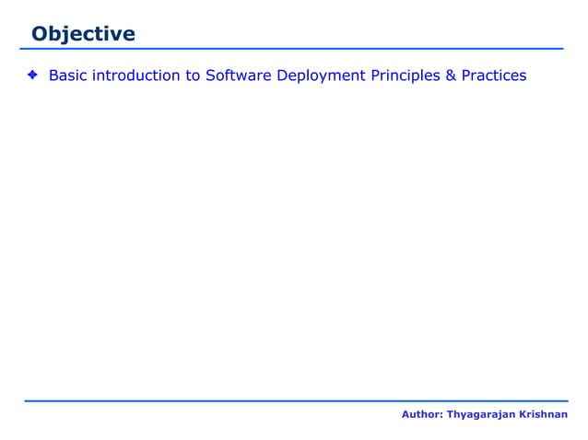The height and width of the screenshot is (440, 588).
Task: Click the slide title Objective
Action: click(83, 34)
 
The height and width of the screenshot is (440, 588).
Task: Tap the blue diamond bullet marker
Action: click(31, 75)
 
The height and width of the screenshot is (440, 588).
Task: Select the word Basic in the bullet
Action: click(67, 75)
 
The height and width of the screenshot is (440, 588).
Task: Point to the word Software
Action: click(238, 75)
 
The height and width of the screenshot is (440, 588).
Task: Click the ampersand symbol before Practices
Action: click(452, 75)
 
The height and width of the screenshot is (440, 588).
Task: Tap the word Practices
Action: click(494, 75)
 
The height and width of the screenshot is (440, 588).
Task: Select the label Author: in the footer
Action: click(422, 415)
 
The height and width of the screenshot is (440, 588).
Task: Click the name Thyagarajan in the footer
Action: click(479, 416)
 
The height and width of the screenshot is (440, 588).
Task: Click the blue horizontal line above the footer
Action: click(295, 401)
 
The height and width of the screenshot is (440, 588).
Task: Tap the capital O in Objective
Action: click(39, 34)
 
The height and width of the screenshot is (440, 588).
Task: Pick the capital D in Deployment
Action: click(282, 75)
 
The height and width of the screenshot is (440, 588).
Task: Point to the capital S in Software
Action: click(210, 75)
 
